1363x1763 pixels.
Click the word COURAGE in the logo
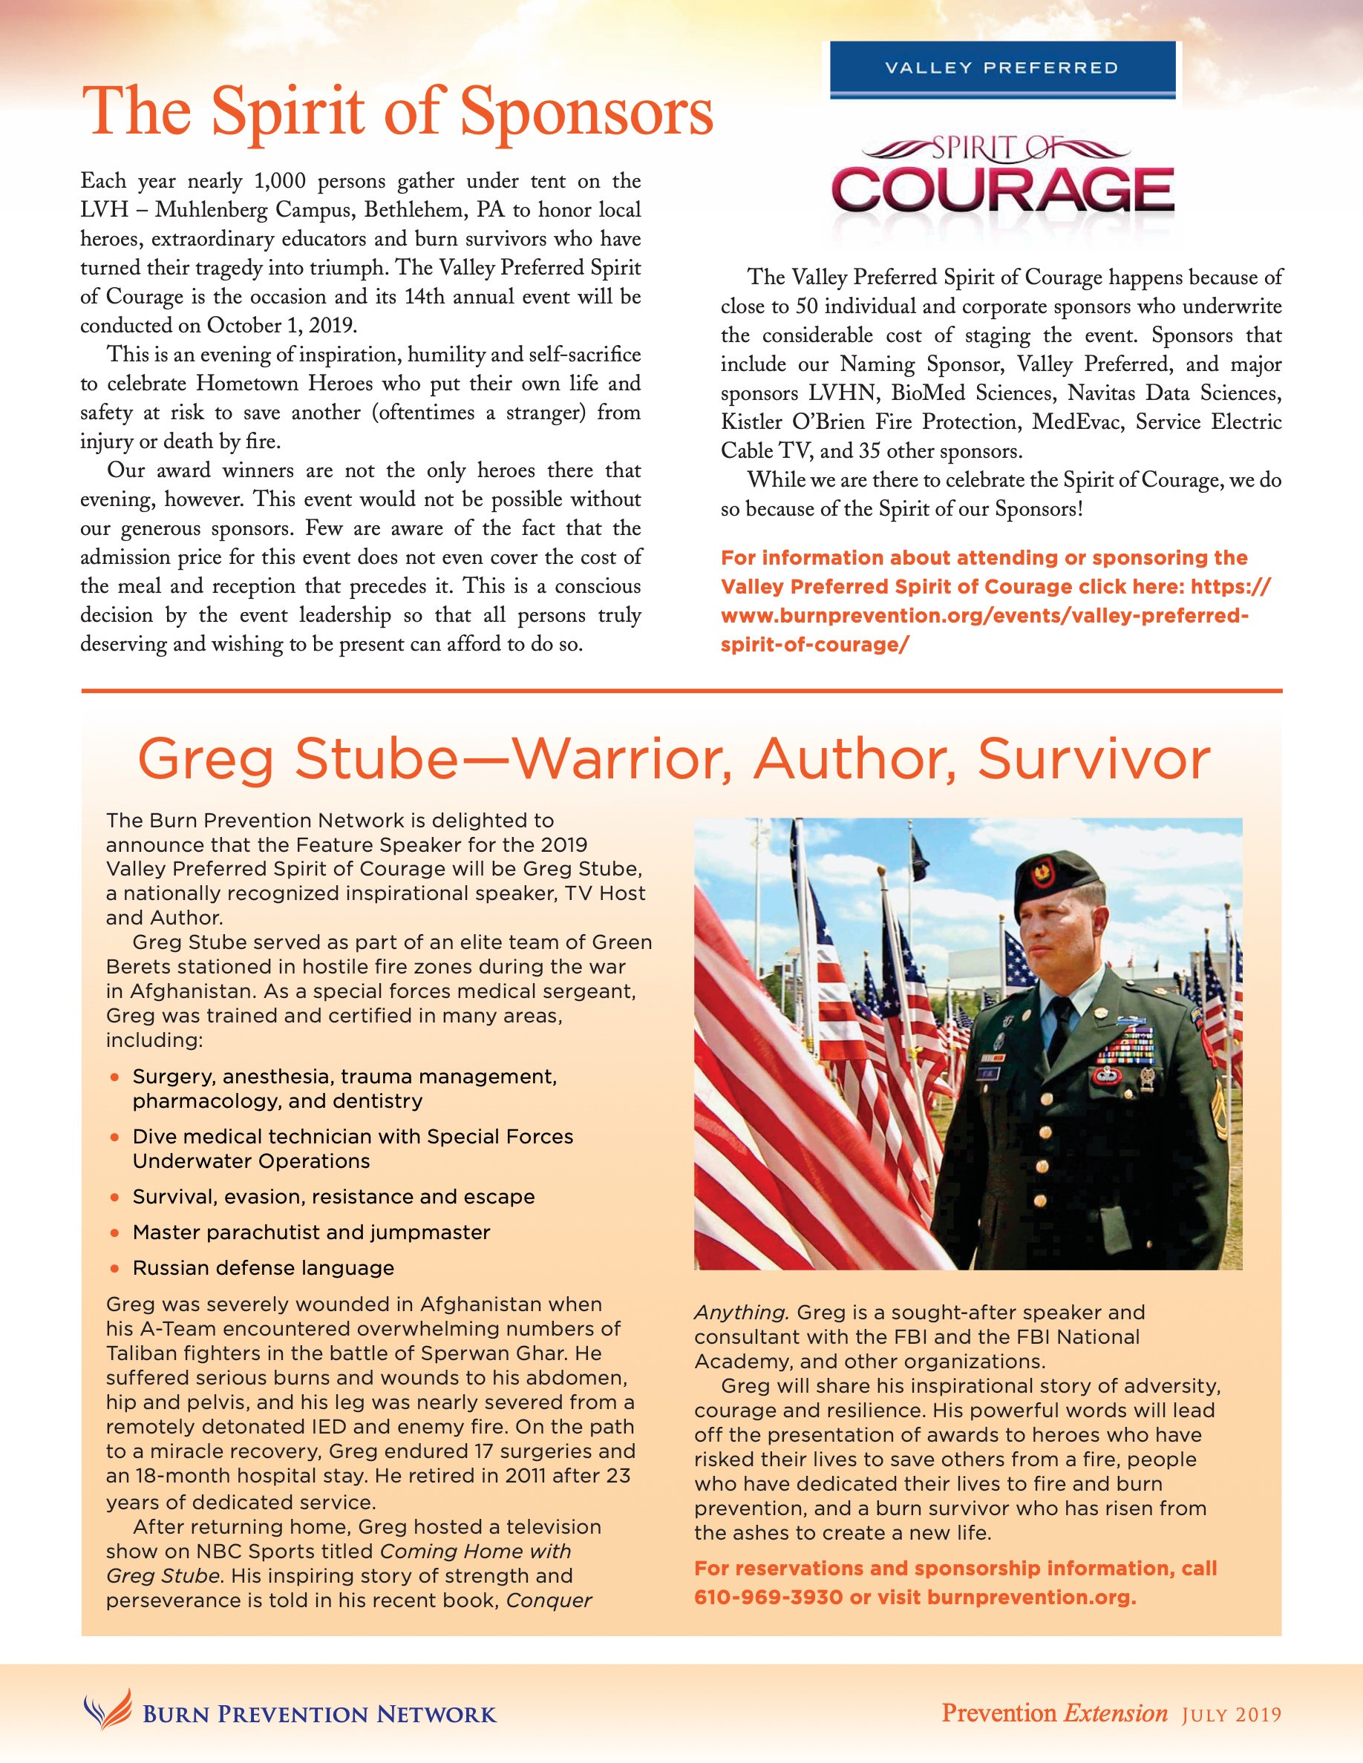pos(1002,191)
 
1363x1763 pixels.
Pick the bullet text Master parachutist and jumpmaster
pos(311,1232)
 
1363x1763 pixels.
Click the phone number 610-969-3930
pos(768,1598)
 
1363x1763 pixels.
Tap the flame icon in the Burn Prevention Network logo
pos(108,1710)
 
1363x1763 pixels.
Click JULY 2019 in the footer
pos(1232,1715)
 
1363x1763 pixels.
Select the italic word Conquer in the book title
pos(549,1601)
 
